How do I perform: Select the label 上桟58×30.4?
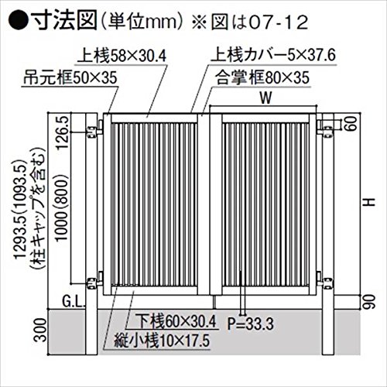(122, 56)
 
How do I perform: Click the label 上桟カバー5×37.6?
(273, 55)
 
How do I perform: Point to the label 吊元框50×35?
(70, 77)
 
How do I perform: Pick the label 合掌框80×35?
(262, 77)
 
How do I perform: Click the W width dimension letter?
(265, 98)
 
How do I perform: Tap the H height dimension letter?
(370, 202)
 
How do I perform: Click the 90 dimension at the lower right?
(369, 302)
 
